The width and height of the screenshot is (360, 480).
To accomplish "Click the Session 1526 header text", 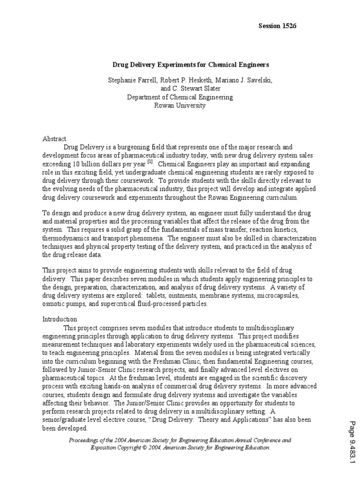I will point(277,26).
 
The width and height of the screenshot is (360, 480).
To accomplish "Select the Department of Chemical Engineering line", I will point(180,97).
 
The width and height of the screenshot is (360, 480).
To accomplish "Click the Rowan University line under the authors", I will point(180,105).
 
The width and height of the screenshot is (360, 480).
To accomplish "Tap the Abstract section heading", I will point(55,139).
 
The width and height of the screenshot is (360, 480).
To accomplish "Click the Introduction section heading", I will point(60,319).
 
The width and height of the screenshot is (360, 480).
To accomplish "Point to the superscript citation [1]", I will point(150,162).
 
